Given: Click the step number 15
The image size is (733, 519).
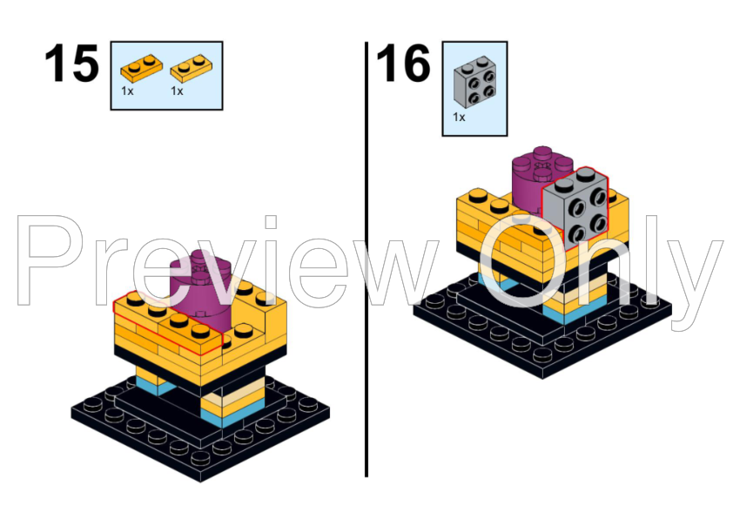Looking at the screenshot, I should click(x=71, y=64).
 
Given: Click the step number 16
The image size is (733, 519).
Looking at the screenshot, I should click(x=403, y=64).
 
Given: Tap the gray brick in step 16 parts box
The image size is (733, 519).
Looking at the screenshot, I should click(x=474, y=81).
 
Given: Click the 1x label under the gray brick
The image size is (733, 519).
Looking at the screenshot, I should click(x=459, y=117).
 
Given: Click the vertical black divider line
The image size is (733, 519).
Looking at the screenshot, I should click(x=366, y=261).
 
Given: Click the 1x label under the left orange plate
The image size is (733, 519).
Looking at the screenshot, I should click(x=128, y=91).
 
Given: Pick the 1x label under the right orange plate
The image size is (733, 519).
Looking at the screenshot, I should click(x=177, y=91).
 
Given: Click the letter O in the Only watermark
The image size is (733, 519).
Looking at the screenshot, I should click(x=523, y=261).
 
